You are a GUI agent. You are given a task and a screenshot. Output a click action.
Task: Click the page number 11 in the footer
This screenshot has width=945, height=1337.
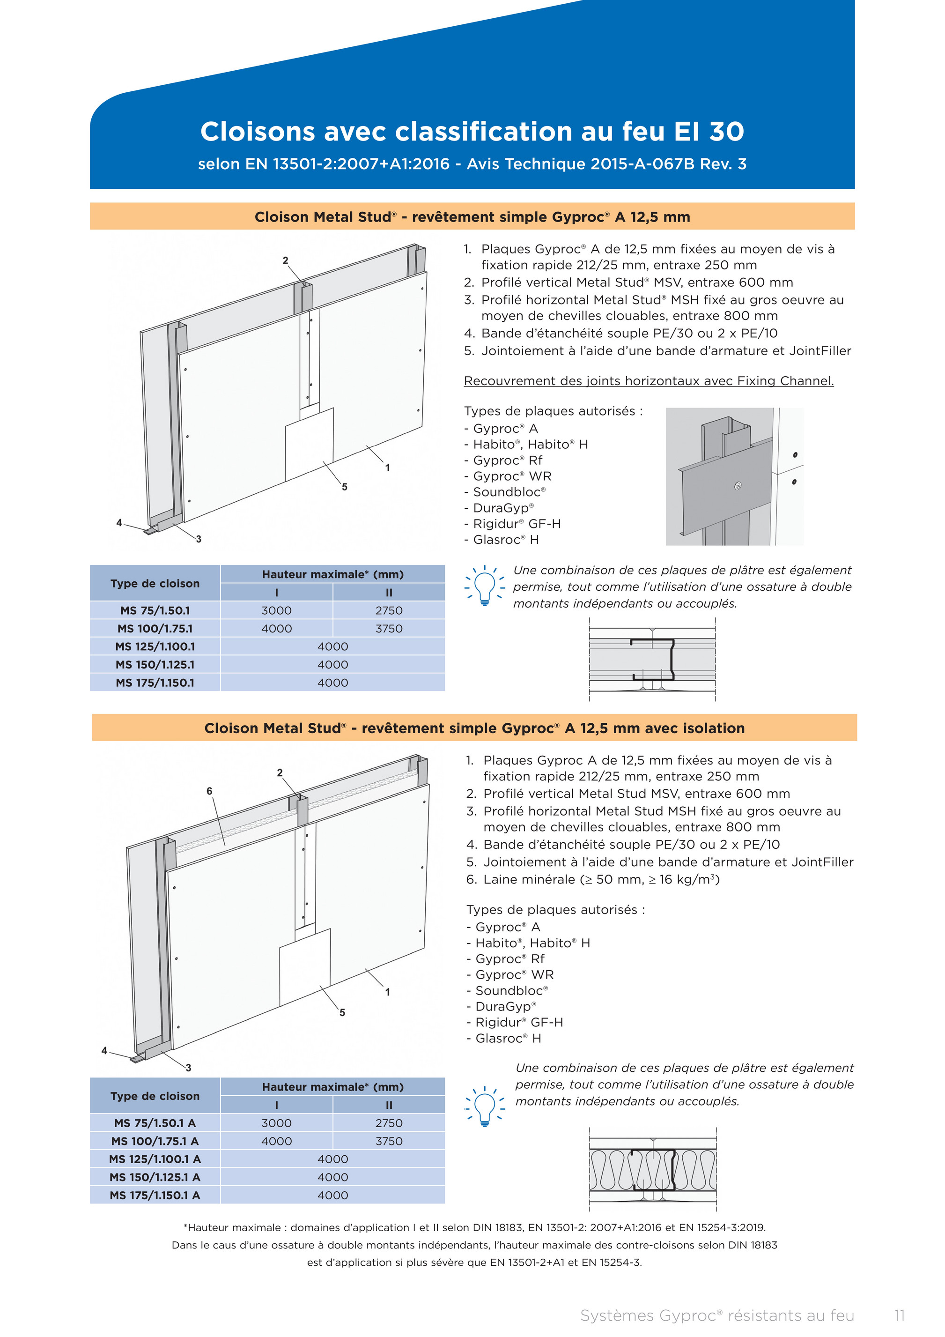coord(900,1315)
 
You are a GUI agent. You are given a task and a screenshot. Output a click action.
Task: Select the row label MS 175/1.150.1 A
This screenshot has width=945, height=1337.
coord(155,1195)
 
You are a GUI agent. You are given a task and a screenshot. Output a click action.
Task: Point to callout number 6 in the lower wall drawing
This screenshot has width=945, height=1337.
coord(210,791)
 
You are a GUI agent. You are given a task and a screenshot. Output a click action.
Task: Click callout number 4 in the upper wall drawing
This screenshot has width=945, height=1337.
coord(119,522)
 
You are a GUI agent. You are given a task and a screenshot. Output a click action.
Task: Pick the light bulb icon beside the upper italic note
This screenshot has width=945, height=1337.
coord(484,586)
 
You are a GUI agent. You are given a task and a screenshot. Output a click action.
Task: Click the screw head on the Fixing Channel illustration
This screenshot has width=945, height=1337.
coord(738,486)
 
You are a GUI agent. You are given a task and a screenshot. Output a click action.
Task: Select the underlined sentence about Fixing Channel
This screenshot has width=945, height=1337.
coord(649,381)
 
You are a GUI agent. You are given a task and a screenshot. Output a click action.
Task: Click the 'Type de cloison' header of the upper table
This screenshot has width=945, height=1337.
coord(155,583)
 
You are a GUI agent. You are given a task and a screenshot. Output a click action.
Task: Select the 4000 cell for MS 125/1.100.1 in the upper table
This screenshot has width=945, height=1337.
coord(332,646)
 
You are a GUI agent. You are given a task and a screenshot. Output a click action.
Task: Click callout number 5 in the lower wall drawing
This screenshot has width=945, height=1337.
coord(342,1012)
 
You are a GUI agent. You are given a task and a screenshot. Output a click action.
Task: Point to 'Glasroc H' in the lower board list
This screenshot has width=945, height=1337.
coord(508,1038)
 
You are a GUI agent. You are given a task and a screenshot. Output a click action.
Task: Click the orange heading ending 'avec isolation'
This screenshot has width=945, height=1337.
coord(474,728)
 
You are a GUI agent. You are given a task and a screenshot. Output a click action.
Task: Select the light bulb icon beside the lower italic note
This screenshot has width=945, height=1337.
coord(484,1105)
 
